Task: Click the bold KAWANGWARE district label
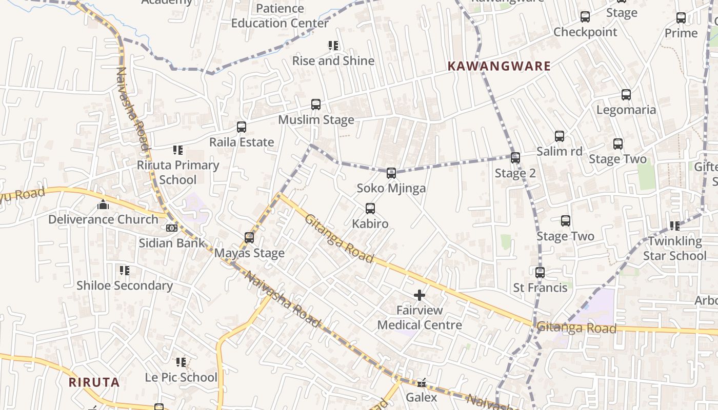(499, 66)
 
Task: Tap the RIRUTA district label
(94, 382)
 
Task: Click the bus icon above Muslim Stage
(316, 105)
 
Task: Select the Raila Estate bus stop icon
(242, 127)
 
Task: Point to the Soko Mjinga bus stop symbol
(391, 173)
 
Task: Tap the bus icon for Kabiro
(370, 209)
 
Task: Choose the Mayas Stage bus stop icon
(249, 238)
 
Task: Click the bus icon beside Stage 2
(515, 158)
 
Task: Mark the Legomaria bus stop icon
(626, 95)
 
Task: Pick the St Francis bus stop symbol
(540, 273)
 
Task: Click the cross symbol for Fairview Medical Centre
(420, 295)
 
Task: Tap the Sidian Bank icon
(172, 228)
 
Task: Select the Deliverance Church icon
(103, 205)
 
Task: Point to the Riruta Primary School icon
(178, 150)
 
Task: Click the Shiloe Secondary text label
(125, 285)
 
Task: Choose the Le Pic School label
(181, 378)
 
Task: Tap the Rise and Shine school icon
(333, 46)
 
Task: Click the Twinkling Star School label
(674, 249)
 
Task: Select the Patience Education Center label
(280, 16)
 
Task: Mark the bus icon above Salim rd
(560, 136)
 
